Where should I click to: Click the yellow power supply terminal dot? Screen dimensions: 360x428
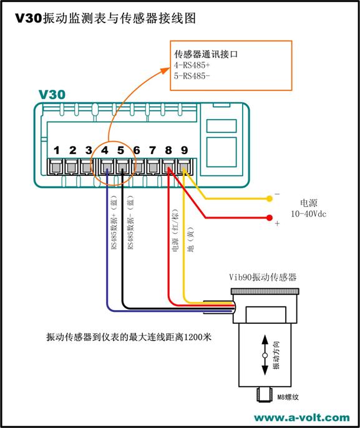click(x=270, y=198)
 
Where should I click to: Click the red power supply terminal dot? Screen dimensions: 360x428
click(x=270, y=218)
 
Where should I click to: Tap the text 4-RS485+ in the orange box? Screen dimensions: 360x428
click(x=192, y=66)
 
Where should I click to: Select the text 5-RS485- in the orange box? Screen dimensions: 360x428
click(x=192, y=75)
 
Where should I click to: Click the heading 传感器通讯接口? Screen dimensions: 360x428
click(x=206, y=54)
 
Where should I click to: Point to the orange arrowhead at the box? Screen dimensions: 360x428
click(x=165, y=70)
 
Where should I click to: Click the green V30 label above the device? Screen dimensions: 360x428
click(x=52, y=94)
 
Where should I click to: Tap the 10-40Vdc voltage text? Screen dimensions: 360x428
click(x=308, y=214)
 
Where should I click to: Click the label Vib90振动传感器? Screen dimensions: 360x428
click(x=263, y=277)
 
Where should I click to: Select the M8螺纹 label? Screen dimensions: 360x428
click(x=288, y=397)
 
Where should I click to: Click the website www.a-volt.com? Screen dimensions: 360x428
click(x=301, y=417)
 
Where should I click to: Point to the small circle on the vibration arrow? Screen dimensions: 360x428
click(x=265, y=356)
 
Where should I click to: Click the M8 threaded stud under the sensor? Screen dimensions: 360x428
click(x=265, y=394)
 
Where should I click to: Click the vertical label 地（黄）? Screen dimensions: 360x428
click(x=190, y=240)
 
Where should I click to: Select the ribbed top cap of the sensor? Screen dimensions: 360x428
click(x=265, y=291)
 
